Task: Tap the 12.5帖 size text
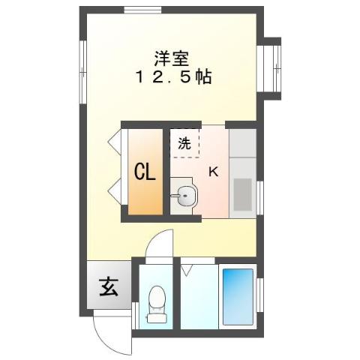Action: (172, 77)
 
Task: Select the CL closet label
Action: (145, 172)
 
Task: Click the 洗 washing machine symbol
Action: (184, 142)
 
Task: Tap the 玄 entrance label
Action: (108, 286)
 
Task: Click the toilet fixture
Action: (156, 304)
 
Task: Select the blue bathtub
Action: (237, 295)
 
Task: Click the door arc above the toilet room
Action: (160, 245)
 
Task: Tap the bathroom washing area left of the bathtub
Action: (199, 296)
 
